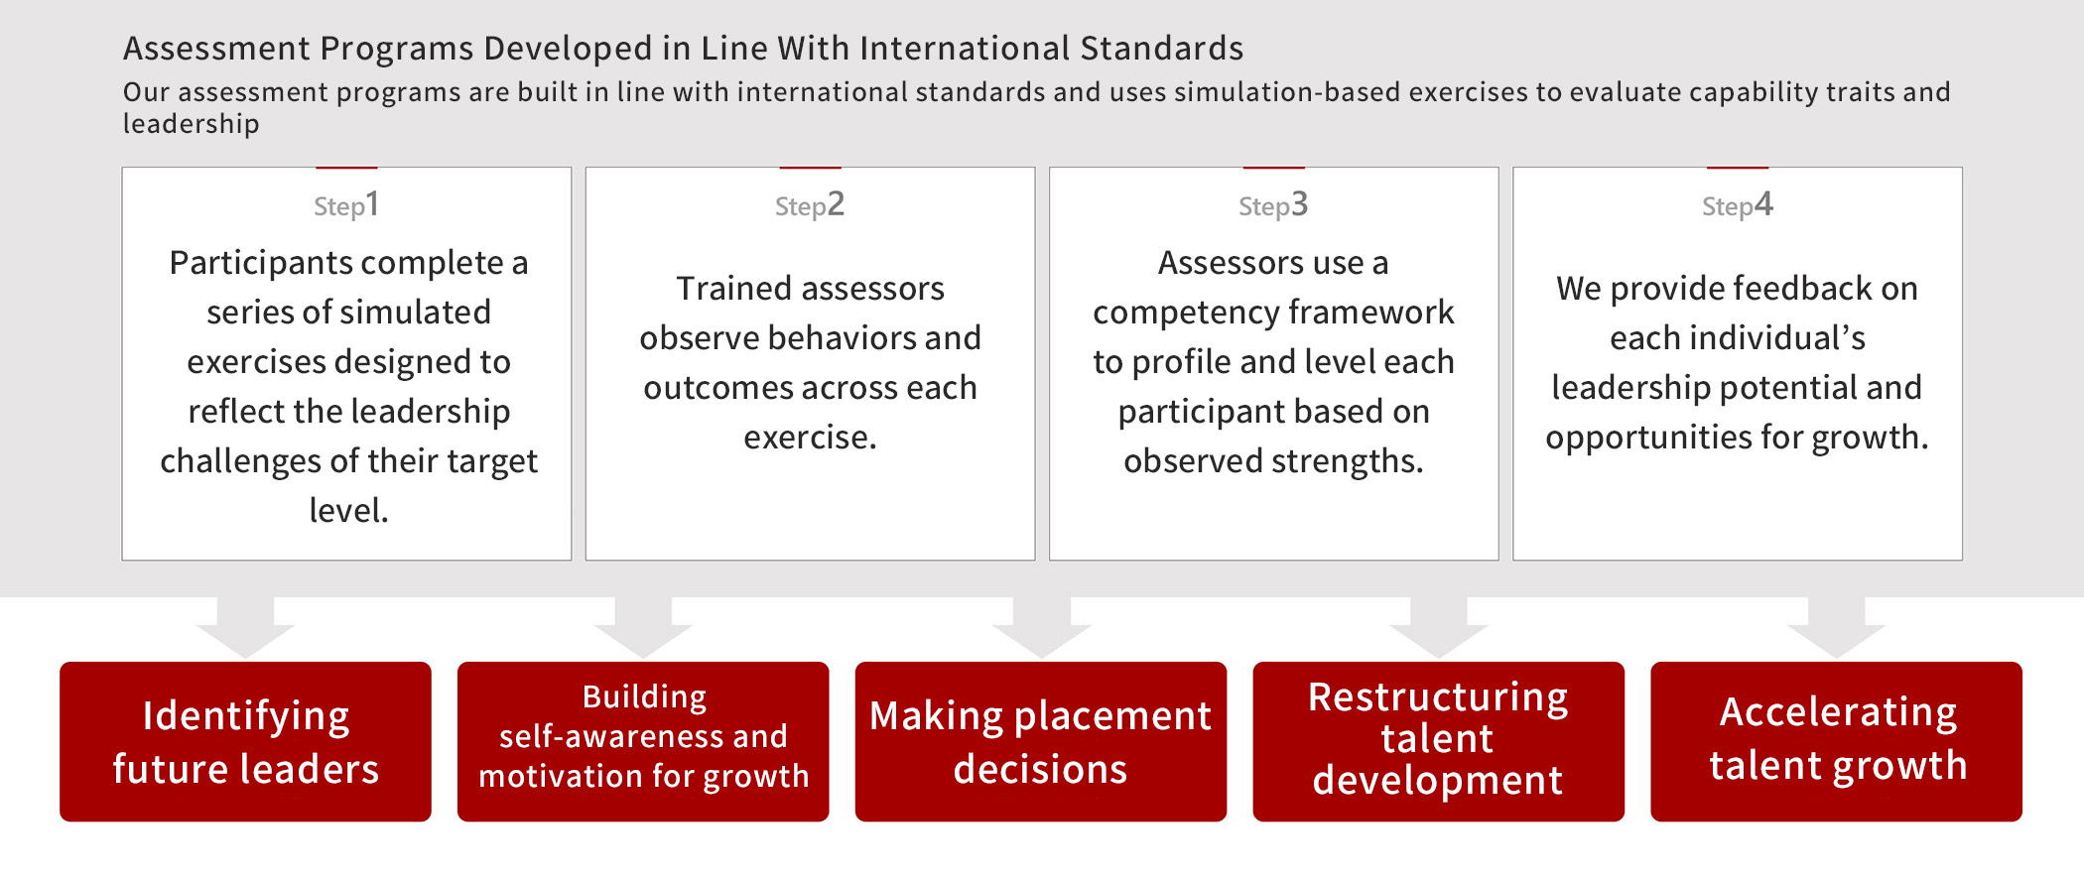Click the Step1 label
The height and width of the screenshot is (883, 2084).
[x=346, y=205]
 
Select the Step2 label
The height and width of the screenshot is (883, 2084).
[x=810, y=205]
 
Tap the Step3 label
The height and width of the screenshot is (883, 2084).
[x=1273, y=205]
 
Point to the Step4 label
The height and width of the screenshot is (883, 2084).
[x=1738, y=205]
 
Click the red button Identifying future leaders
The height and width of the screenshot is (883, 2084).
[x=245, y=741]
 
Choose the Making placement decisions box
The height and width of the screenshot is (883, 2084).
[x=1041, y=741]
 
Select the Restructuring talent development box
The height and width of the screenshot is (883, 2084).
[x=1439, y=741]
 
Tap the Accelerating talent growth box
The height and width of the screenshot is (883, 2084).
[x=1837, y=741]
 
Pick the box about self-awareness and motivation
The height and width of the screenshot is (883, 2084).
[x=643, y=741]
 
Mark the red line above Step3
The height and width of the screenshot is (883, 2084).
[x=1273, y=168]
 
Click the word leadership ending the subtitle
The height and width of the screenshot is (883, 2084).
[x=191, y=124]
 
